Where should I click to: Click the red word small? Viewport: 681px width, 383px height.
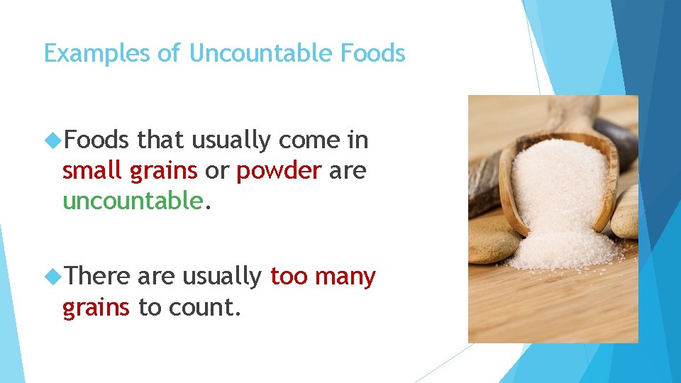pyautogui.click(x=92, y=171)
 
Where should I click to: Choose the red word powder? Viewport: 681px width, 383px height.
pyautogui.click(x=279, y=171)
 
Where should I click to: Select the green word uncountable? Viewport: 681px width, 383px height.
pyautogui.click(x=133, y=201)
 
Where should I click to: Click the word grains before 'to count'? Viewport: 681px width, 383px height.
pyautogui.click(x=96, y=309)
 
